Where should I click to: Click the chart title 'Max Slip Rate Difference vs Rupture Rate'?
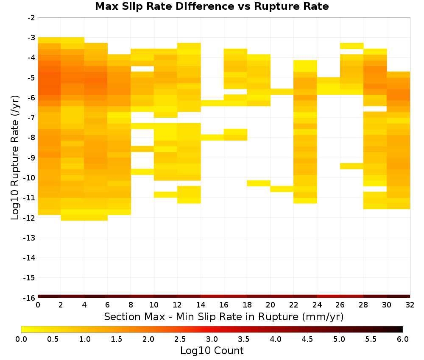coord(212,6)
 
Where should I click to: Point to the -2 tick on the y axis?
coord(31,18)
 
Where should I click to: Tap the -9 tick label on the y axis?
coord(31,158)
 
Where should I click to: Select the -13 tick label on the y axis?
coord(30,238)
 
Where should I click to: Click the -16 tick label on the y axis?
coord(30,298)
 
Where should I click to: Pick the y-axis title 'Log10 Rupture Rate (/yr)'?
coord(15,158)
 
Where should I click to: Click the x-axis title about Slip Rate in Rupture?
coord(224,316)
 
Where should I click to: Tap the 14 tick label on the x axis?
coord(201,305)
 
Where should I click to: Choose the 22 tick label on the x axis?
coord(294,305)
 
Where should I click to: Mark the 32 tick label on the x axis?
coord(410,305)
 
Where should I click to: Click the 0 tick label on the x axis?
coord(38,305)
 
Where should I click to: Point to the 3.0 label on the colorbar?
coord(212,339)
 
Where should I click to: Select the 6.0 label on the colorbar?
coord(403,339)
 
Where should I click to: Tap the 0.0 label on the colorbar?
coord(21,339)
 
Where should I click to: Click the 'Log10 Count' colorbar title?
coord(212,351)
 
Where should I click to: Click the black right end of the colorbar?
coord(401,329)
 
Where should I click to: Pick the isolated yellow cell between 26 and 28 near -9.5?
coord(351,166)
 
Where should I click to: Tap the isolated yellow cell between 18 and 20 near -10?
coord(259,183)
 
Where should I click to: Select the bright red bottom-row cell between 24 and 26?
coord(328,296)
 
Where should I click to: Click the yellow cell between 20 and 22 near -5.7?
coord(282,91)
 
